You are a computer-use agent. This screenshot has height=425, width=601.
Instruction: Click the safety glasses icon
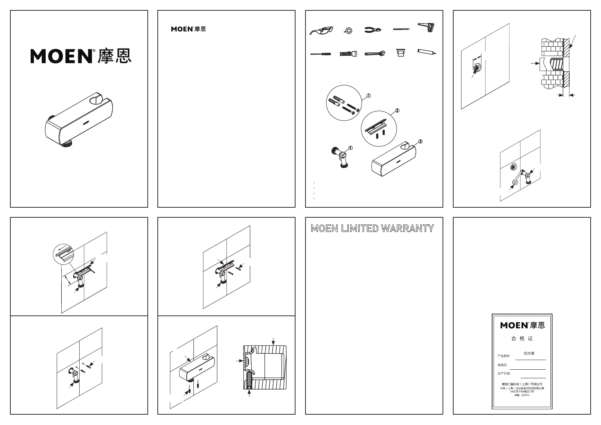322,31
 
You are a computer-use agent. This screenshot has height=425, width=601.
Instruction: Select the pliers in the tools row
373,30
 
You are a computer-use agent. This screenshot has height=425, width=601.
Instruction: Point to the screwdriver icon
320,54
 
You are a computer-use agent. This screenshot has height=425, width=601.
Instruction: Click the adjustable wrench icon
374,54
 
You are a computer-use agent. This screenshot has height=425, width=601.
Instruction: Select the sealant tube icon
426,52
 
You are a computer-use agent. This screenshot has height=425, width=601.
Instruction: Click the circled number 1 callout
369,96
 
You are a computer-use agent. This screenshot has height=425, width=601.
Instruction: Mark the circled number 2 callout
397,111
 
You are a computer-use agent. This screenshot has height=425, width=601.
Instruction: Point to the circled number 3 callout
420,141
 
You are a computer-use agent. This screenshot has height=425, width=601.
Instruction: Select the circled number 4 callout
350,148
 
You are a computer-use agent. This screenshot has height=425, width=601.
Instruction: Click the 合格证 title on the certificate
522,338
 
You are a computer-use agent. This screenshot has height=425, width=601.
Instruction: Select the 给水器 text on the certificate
529,353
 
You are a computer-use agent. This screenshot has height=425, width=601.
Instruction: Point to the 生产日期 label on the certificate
504,374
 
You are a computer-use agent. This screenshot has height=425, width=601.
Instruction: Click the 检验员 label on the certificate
502,365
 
